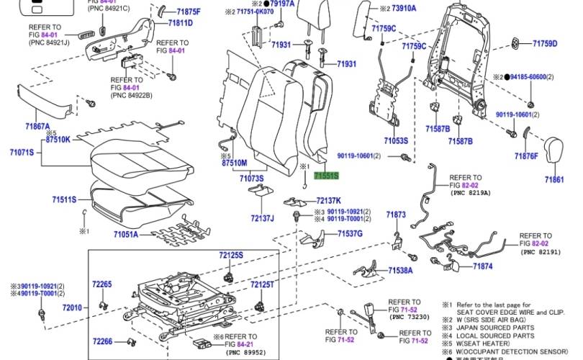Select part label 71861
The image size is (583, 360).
554,179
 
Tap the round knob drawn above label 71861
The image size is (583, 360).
553,149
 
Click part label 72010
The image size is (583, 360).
72,308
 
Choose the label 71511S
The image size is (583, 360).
64,199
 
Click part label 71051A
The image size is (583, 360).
129,233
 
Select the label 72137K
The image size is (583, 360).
329,200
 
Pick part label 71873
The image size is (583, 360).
396,215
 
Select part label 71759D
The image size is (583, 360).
545,43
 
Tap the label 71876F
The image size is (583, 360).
526,156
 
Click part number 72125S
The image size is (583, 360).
232,256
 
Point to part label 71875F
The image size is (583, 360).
189,12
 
